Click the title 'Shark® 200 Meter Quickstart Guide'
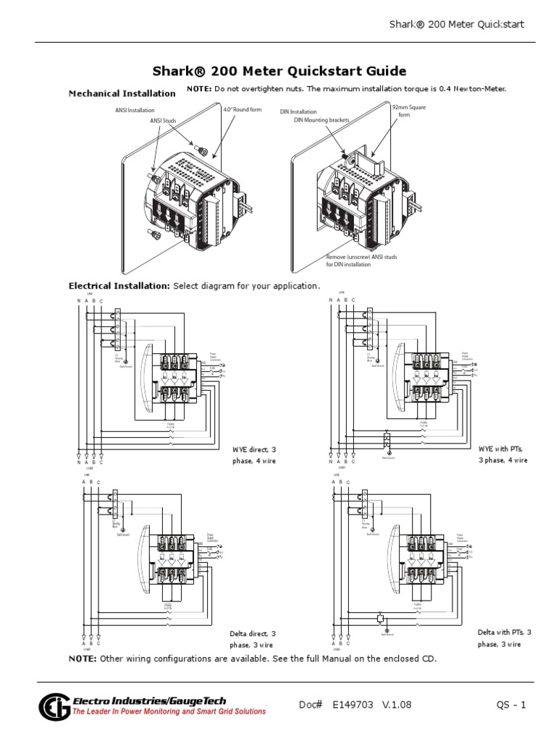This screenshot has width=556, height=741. click(279, 71)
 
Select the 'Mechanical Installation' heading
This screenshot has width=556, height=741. click(122, 93)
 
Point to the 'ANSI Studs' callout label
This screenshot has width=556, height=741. click(165, 120)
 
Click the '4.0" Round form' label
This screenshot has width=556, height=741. click(242, 110)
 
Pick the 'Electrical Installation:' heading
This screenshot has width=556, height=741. click(119, 286)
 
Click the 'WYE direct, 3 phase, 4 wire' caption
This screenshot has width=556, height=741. click(254, 454)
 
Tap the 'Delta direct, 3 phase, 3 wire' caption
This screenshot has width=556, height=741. click(253, 638)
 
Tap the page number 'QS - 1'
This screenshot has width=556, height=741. click(510, 706)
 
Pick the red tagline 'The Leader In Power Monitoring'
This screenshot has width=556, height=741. click(168, 712)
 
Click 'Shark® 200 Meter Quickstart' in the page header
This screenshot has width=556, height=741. click(456, 25)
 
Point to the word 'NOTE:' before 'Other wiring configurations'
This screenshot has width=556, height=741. click(82, 659)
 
